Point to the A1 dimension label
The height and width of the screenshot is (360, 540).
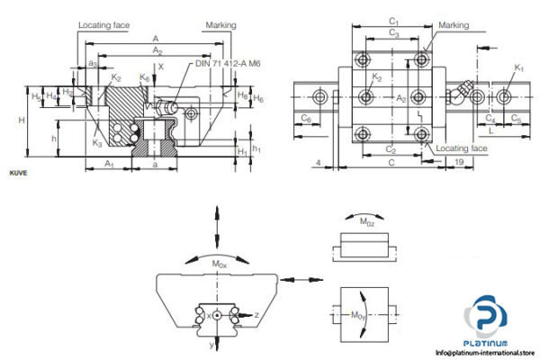108,164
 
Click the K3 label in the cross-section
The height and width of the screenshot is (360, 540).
96,143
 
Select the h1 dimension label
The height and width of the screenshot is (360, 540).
257,148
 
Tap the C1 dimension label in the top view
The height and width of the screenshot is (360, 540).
392,21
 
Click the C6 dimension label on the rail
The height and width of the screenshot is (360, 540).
307,118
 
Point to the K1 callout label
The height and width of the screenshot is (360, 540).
518,67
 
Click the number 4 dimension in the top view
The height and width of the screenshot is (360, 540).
319,163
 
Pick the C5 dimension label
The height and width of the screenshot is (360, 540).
516,118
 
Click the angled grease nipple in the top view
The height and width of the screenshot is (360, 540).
464,93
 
